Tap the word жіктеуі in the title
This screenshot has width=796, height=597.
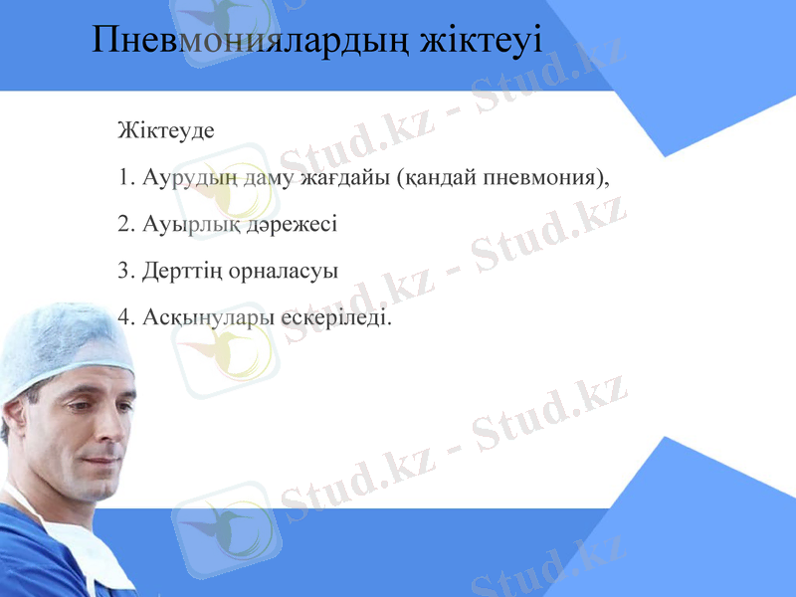[481, 40]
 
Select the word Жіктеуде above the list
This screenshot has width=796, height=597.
[166, 130]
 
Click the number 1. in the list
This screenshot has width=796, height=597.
[125, 178]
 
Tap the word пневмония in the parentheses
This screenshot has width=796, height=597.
[542, 178]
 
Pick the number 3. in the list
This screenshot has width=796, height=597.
[125, 271]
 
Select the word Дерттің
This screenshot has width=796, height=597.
[182, 271]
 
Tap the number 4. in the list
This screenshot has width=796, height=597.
[125, 317]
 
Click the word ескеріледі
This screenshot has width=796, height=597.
[337, 317]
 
